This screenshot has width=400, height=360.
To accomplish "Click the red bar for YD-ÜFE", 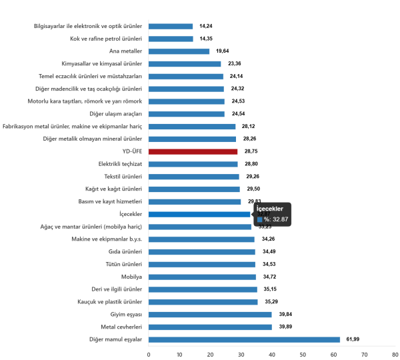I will click(x=193, y=151).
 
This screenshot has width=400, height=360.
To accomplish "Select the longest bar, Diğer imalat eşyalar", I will click(x=244, y=339).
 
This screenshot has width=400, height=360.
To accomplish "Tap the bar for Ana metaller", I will click(x=179, y=51).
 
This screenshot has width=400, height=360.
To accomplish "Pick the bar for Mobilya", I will click(x=202, y=277).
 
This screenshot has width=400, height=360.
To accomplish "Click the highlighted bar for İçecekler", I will click(x=199, y=214).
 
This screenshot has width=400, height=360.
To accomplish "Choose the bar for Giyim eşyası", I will click(x=210, y=314).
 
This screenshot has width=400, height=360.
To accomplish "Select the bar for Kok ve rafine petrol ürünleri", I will click(x=171, y=39).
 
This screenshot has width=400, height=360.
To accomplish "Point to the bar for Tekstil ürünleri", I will click(x=193, y=177).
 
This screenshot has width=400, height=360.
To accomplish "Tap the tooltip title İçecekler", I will click(x=270, y=209).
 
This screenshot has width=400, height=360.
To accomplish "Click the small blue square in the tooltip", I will click(x=259, y=219).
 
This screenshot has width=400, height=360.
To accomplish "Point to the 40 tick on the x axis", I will click(x=272, y=353).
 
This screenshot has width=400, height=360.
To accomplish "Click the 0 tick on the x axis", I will click(x=149, y=353).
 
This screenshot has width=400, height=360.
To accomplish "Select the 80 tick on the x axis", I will click(x=395, y=353).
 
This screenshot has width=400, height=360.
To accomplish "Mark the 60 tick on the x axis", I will click(x=333, y=353).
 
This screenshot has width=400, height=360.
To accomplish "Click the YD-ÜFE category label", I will click(x=131, y=151).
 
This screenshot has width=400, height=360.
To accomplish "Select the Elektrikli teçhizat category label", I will click(x=121, y=164).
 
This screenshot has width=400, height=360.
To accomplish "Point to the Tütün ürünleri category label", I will click(x=125, y=264).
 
